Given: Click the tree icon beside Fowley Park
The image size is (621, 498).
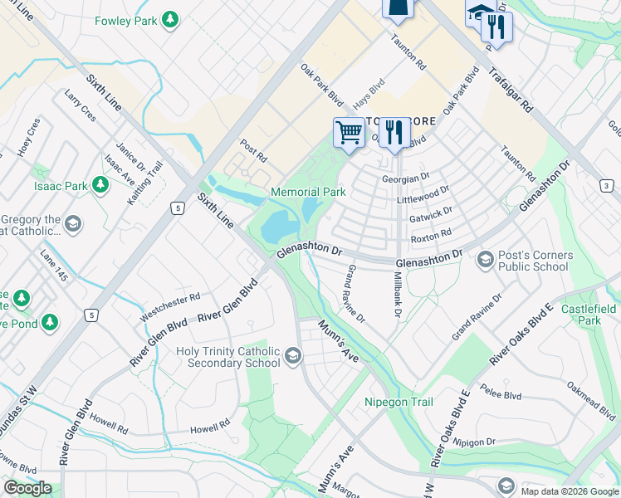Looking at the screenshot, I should tap(170, 19).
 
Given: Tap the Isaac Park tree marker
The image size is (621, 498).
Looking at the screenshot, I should tap(100, 185).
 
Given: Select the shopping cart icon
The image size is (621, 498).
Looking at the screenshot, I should tap(349, 132).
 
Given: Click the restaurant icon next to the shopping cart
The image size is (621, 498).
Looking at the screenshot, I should tap(394, 132).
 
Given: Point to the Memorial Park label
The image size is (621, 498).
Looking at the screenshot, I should tap(308, 192).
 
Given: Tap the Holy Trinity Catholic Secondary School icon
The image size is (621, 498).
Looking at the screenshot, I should tap(292, 357).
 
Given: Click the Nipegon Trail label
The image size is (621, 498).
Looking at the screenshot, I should tap(399, 402).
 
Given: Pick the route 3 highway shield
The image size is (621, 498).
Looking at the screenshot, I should tap(607, 185).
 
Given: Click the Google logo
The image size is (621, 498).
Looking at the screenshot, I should tap(27, 488).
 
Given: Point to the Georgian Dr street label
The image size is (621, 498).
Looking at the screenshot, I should tap(405, 178).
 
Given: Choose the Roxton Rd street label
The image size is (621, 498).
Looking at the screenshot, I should tap(430, 234).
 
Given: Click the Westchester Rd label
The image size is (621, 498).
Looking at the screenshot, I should tap(170, 305).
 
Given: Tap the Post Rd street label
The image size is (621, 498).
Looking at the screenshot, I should tap(253, 150).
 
